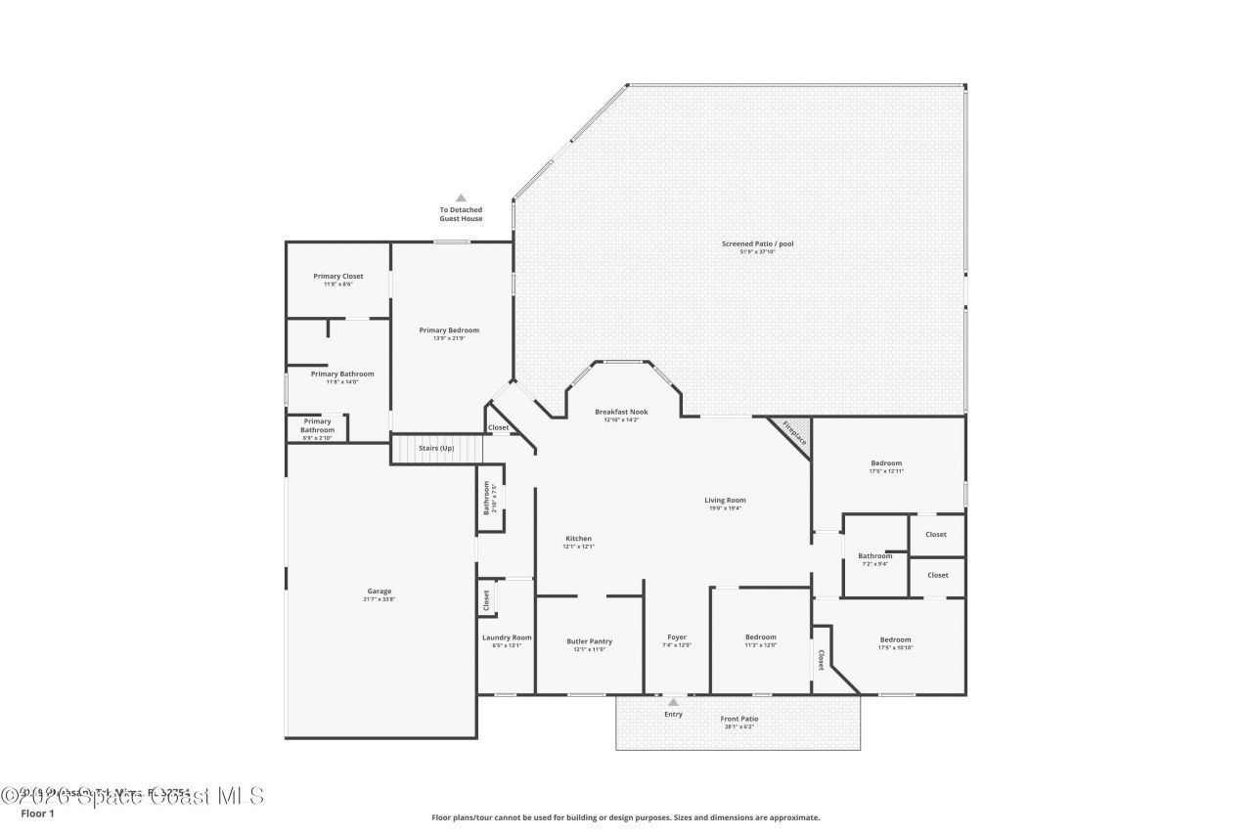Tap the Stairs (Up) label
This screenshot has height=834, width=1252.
pos(436,448)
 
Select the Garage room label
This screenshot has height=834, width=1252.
pos(380,592)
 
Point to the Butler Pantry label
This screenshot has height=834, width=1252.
pos(589,642)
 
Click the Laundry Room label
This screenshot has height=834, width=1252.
pos(507,637)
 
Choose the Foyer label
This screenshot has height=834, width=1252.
pos(677,637)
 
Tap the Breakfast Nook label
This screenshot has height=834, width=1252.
pos(621,413)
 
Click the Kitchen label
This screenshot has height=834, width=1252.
pos(578,539)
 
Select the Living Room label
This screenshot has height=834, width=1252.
pos(725,501)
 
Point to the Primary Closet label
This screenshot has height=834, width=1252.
pos(338,277)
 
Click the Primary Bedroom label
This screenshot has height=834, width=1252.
pos(449,330)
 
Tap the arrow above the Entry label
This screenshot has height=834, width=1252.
pos(673,701)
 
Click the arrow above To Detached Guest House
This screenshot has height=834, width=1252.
pos(461,198)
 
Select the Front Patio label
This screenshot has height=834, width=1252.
pos(738,719)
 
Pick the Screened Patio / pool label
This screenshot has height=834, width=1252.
pos(758,243)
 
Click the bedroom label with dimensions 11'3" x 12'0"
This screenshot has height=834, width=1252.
pos(760,637)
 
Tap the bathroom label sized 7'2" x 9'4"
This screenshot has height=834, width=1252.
pos(875,556)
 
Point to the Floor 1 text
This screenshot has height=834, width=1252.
pos(37,813)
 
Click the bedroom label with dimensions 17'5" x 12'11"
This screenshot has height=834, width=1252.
pos(886,463)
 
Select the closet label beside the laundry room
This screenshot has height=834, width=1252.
pos(486,600)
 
